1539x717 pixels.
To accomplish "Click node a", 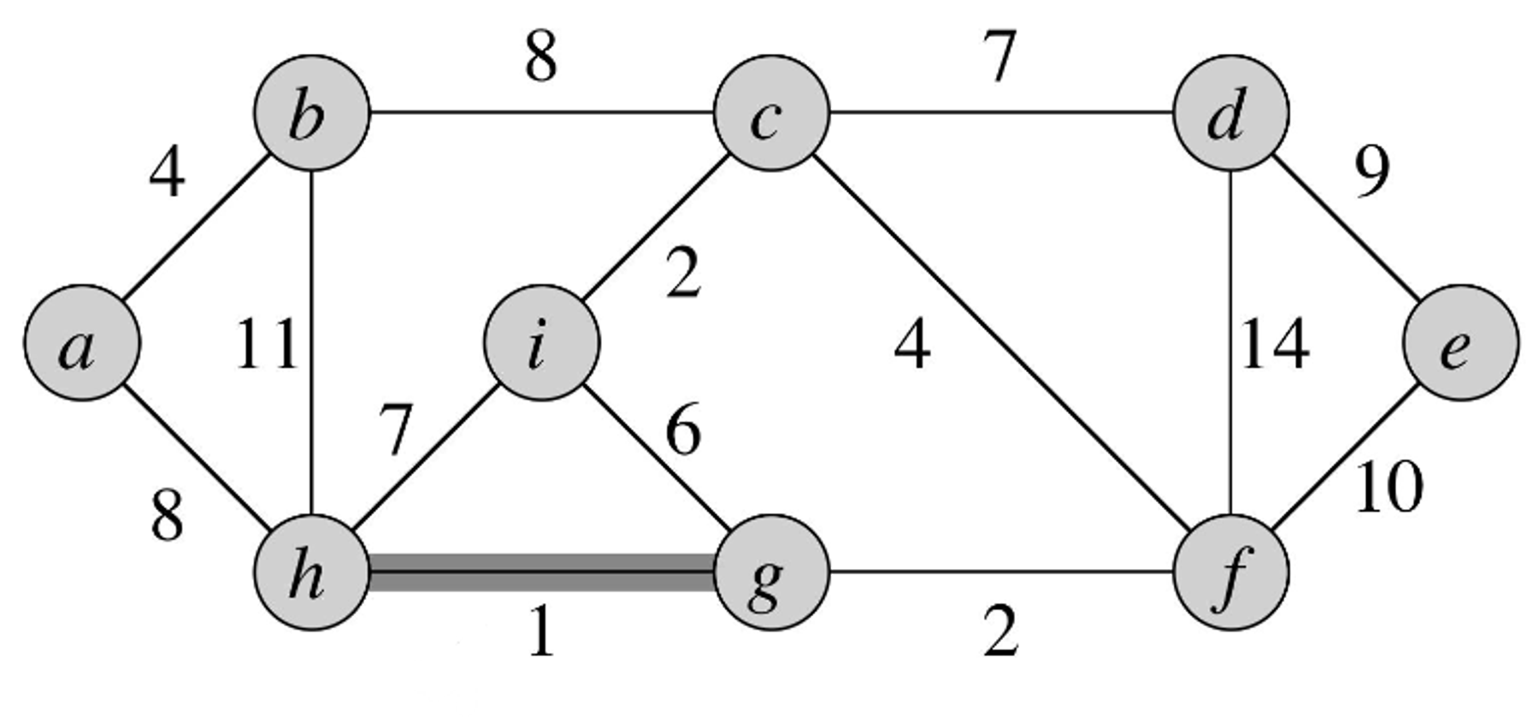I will [81, 342].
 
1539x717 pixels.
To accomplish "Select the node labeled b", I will [312, 113].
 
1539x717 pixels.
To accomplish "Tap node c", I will [771, 113].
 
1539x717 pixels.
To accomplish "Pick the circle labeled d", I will [1230, 113].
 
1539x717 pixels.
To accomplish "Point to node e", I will [1460, 342].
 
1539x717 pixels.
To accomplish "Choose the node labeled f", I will [1230, 572].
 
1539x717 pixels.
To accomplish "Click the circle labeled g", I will [771, 572].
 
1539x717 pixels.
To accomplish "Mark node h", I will [312, 572].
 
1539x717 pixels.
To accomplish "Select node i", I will [541, 342].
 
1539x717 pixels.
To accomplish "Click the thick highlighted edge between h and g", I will [541, 572].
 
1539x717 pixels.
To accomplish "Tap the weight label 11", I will [266, 345].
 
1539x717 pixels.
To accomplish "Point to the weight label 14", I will [1274, 345].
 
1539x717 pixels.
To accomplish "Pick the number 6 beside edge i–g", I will [683, 430].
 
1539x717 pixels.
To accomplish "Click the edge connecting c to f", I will [1000, 342].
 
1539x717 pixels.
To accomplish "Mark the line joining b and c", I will [541, 112].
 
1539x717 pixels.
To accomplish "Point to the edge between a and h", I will [197, 457].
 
